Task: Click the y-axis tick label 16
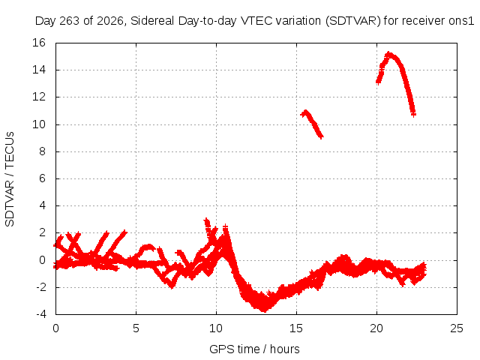39,43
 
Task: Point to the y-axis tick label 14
39,70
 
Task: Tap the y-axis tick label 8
42,151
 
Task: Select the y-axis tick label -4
40,314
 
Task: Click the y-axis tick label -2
40,287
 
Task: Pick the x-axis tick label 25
457,328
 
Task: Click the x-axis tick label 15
296,328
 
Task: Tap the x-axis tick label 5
136,328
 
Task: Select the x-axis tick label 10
216,328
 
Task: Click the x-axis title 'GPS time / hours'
254,349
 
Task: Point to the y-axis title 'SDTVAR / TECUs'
10,179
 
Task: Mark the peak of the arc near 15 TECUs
389,55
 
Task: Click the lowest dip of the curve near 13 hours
264,309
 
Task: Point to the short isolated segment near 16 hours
312,123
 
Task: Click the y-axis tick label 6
42,178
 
